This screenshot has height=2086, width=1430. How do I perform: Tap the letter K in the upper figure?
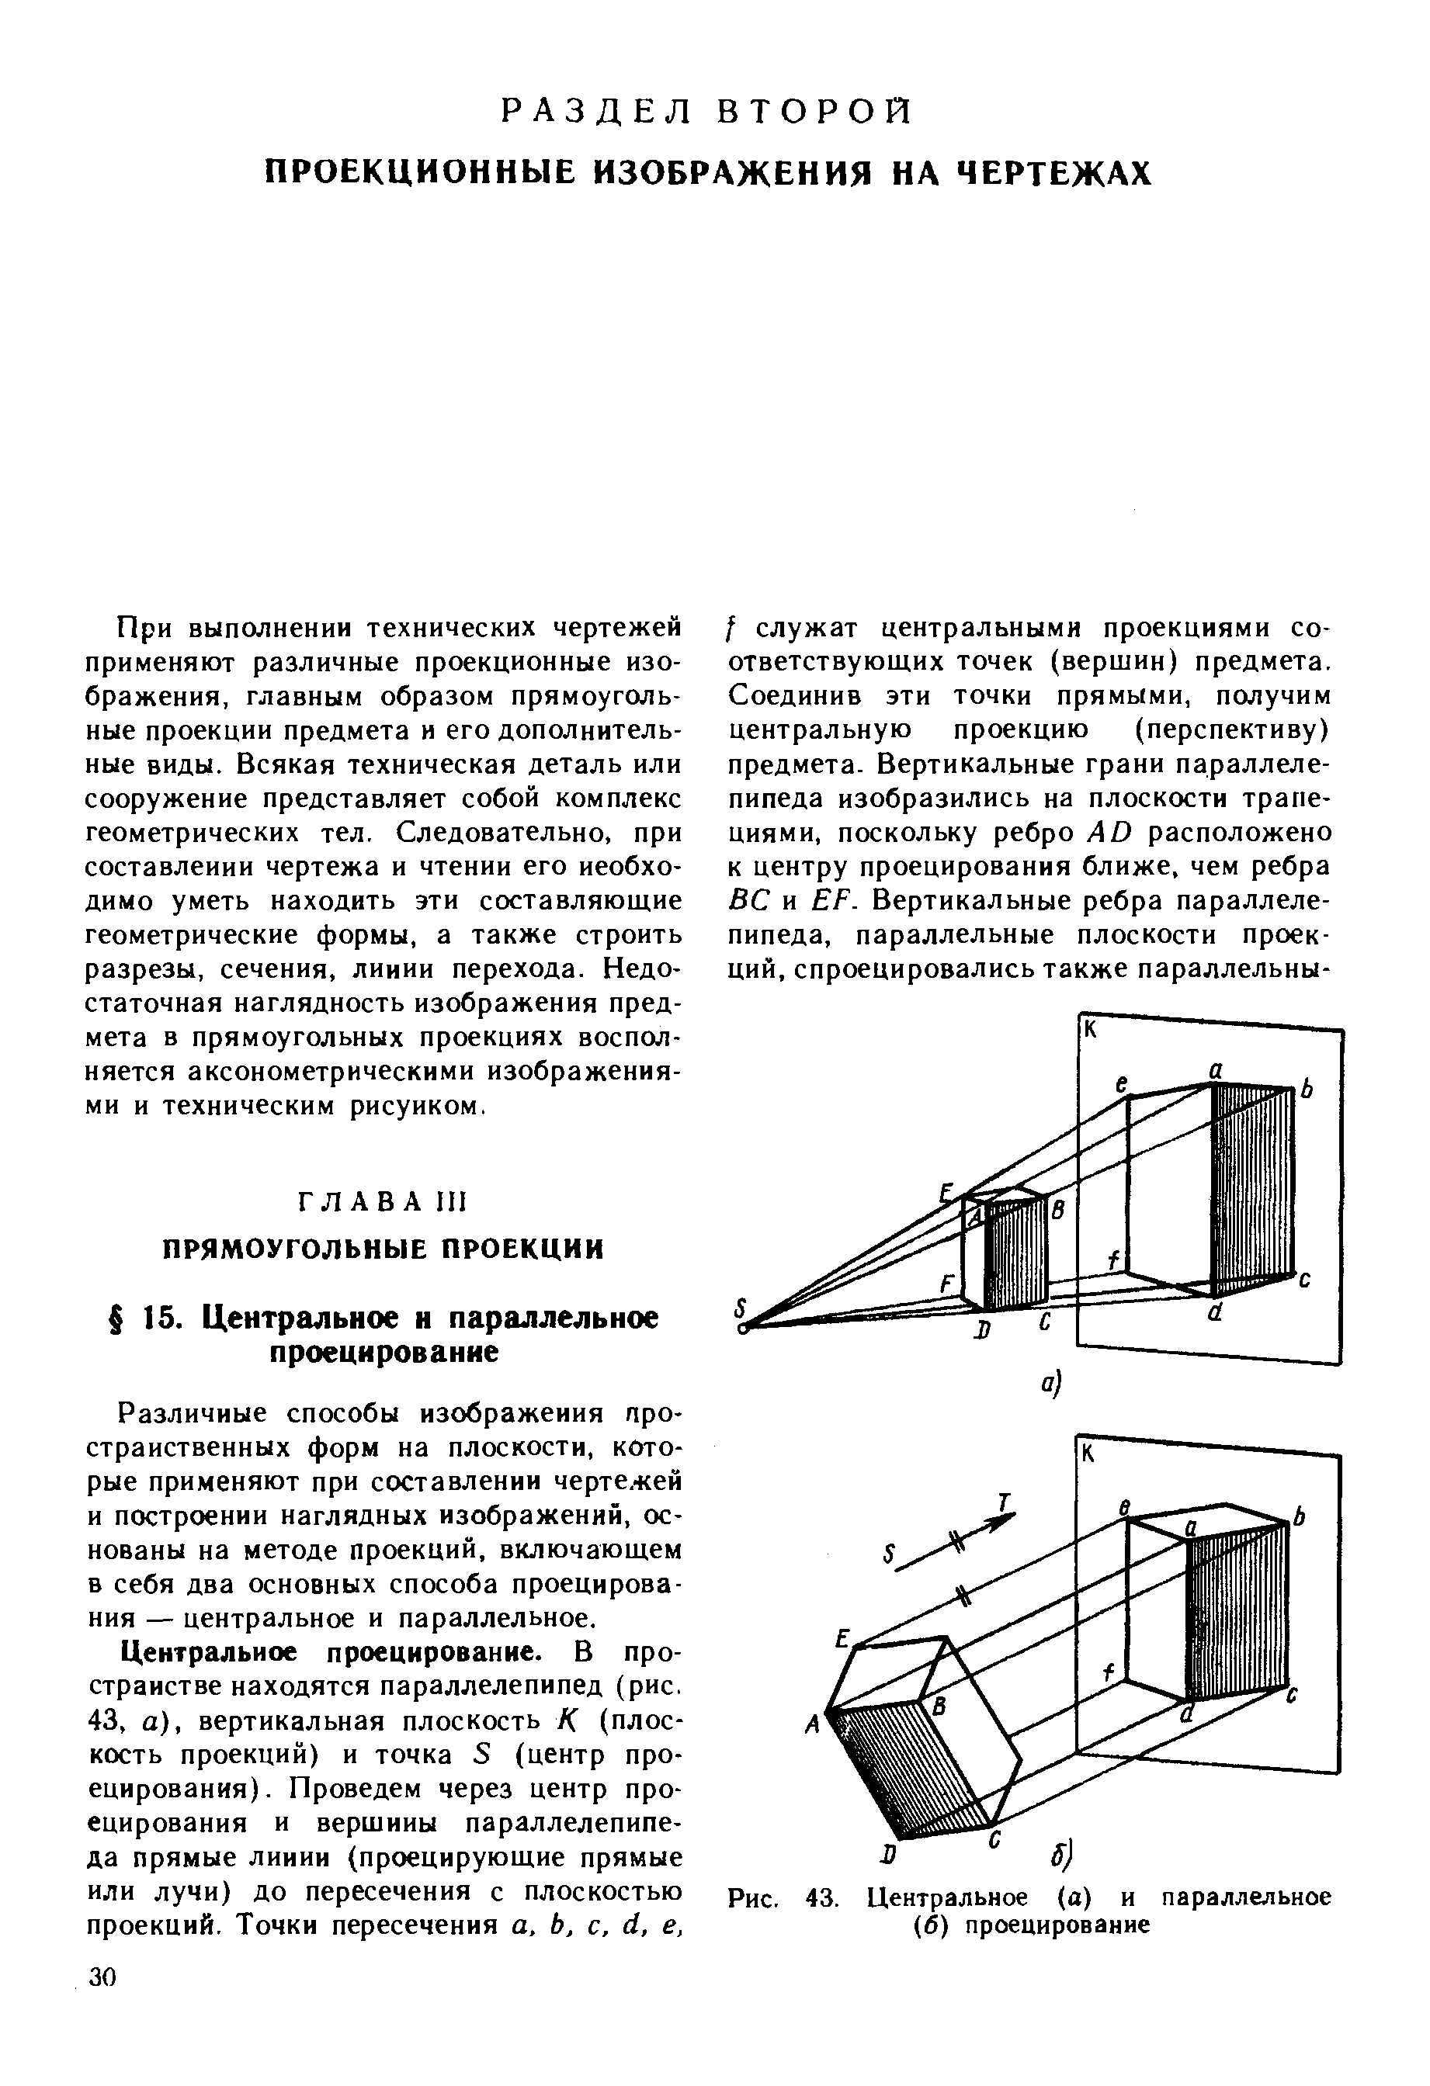click(1090, 1031)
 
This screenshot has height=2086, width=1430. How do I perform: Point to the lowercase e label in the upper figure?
click(1121, 1084)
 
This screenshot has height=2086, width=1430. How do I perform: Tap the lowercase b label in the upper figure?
click(1307, 1090)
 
